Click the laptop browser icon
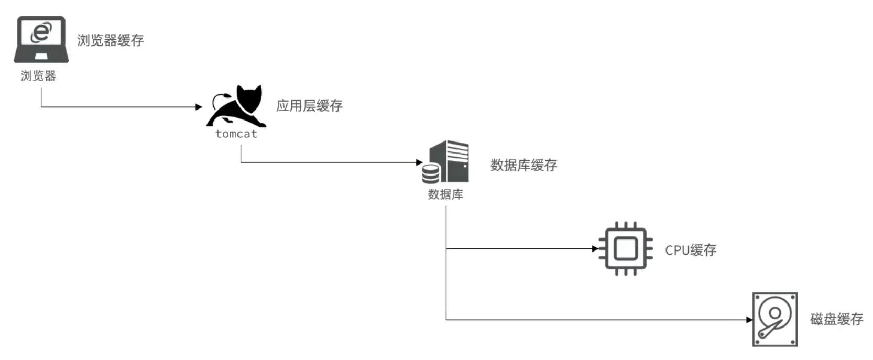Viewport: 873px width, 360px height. point(41,40)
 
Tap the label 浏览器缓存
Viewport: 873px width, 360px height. point(110,40)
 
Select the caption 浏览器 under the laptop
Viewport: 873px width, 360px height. point(38,76)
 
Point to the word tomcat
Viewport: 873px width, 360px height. point(236,134)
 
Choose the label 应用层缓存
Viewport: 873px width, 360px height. point(309,106)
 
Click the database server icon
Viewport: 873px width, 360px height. point(447,161)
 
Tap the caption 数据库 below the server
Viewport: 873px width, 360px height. point(445,194)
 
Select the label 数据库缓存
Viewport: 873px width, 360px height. point(523,166)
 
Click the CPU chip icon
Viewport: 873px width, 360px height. point(626,249)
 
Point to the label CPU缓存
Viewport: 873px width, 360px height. point(691,250)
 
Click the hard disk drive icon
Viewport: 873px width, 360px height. point(774,319)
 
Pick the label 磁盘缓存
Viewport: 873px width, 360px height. point(836,319)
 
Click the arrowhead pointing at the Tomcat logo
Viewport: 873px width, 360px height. point(199,107)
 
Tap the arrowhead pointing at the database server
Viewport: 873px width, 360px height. point(419,162)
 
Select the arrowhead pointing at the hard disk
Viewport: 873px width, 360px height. point(749,320)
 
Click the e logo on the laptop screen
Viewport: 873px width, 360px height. point(41,32)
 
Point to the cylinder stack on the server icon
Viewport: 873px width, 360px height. point(431,174)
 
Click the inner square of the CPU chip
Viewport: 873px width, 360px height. point(626,249)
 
